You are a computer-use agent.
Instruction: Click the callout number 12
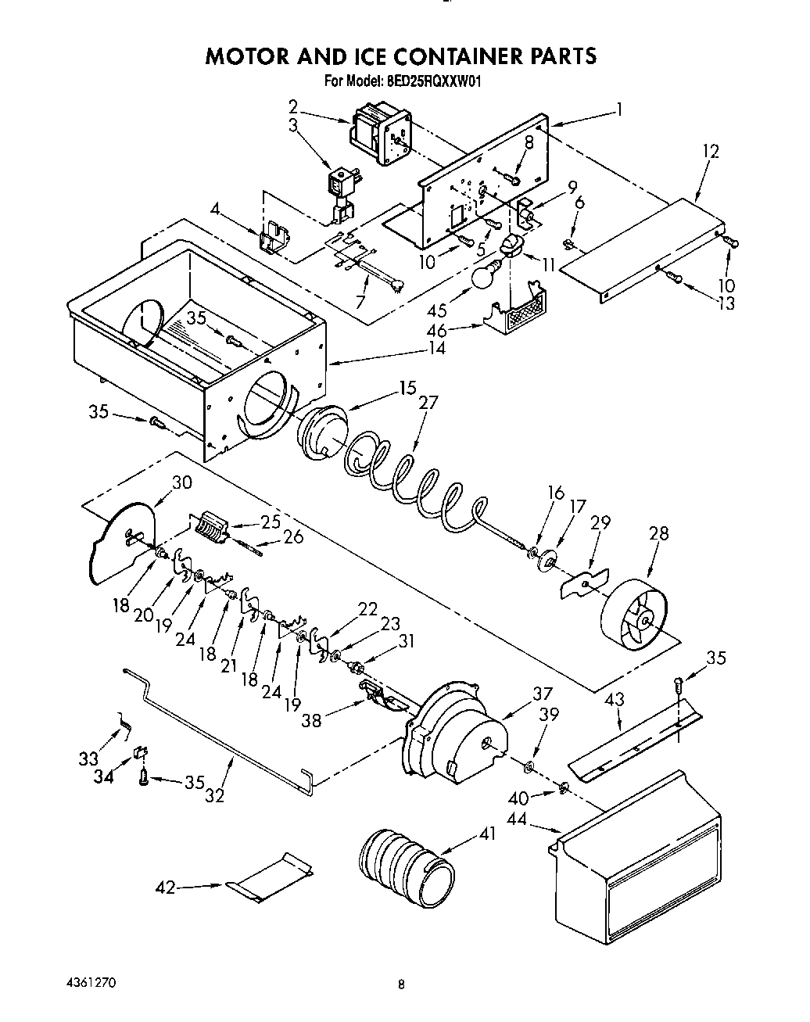pyautogui.click(x=710, y=151)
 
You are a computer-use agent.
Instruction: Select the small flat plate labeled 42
pyautogui.click(x=270, y=874)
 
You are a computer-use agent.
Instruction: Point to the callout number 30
pyautogui.click(x=181, y=482)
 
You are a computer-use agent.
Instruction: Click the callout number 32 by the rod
pyautogui.click(x=214, y=796)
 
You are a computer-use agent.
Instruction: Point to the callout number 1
pyautogui.click(x=619, y=110)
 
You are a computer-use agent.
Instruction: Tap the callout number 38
pyautogui.click(x=311, y=720)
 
